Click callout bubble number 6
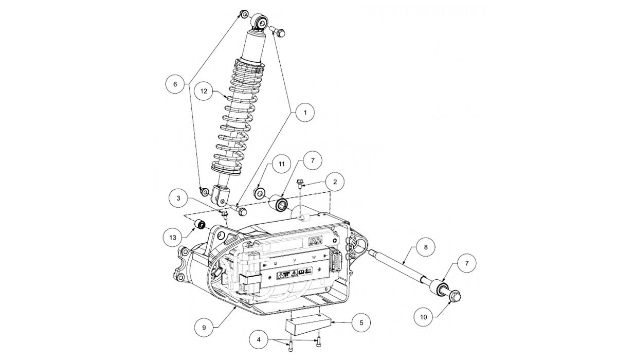click(x=175, y=83)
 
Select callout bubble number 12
click(x=204, y=91)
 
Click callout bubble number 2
click(x=335, y=182)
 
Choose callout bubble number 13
click(x=172, y=237)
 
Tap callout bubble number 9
click(x=204, y=325)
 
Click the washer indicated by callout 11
click(x=260, y=193)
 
